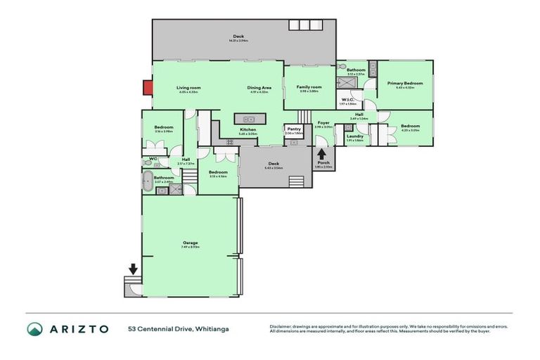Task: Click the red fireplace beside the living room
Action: [x=148, y=87]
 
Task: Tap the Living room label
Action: [x=188, y=88]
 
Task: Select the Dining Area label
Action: [x=258, y=88]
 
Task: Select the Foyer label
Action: [x=323, y=123]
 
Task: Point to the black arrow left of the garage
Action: [x=133, y=269]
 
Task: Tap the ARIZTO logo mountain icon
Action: [x=35, y=329]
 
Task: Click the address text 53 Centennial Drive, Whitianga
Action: [x=179, y=329]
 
